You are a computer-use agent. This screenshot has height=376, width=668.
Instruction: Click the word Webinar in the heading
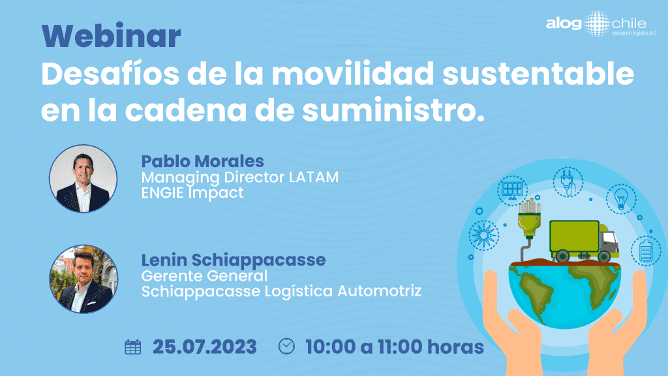click(111, 36)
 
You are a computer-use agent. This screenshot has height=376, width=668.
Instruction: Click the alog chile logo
click(601, 24)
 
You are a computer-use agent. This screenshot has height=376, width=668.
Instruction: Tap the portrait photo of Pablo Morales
click(83, 179)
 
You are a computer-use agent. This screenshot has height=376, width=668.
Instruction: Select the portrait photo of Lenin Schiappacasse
click(83, 279)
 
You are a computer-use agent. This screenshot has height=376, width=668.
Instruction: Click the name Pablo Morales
click(202, 161)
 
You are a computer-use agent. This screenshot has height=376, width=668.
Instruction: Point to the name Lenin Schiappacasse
click(234, 260)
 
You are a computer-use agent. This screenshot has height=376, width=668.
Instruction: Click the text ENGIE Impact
click(192, 193)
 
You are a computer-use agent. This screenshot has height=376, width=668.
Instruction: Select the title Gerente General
click(204, 276)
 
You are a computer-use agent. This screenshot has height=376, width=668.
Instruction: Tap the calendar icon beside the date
click(133, 347)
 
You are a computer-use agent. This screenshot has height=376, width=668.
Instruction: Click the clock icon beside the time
click(286, 346)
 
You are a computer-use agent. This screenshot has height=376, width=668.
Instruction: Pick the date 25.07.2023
click(205, 347)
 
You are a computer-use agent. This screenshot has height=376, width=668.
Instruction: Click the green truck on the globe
click(584, 241)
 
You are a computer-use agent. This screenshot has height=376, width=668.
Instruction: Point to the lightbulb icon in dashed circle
click(621, 198)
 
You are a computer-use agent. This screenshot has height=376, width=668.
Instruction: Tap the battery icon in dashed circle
click(646, 251)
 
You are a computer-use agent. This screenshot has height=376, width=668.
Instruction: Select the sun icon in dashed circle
click(483, 235)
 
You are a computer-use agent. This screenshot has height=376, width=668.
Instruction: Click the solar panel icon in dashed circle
click(512, 191)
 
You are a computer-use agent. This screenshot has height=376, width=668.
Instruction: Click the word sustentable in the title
click(538, 74)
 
